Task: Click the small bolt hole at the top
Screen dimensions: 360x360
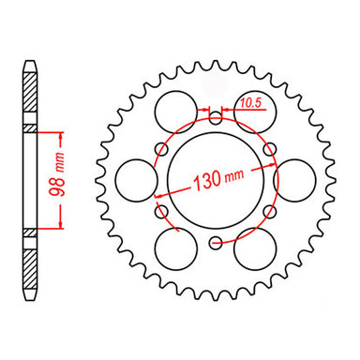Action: click(217, 116)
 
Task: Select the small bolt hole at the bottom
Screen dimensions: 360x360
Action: click(217, 243)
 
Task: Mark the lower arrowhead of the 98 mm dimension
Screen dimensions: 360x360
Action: click(62, 226)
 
